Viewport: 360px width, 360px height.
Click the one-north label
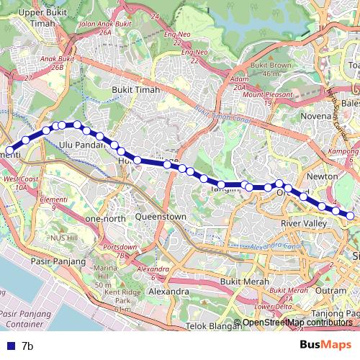[x=105, y=218]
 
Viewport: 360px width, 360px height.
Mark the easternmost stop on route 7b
[x=351, y=215]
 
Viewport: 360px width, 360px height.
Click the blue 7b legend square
[x=7, y=346]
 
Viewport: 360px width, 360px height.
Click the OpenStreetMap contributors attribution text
[x=297, y=323]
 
